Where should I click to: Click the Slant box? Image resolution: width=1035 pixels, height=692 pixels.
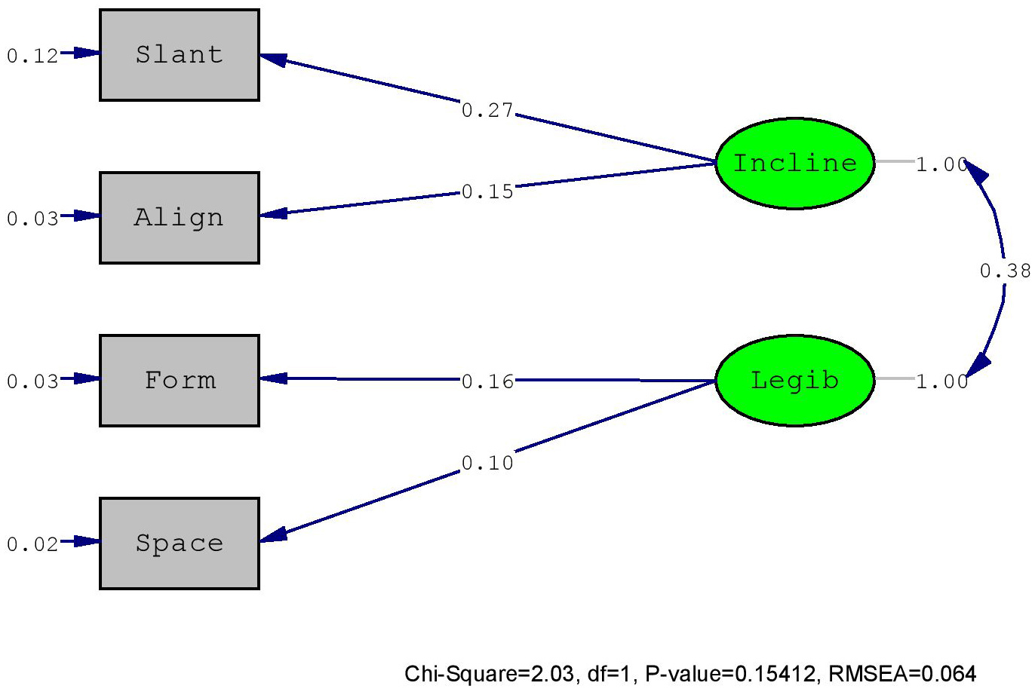tap(180, 55)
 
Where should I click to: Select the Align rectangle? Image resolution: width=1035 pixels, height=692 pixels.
tap(180, 218)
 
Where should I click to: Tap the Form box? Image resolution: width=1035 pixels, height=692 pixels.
tap(180, 381)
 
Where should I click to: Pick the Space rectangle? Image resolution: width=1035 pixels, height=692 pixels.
tap(180, 543)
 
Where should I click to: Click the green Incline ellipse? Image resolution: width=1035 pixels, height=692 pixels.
tap(795, 164)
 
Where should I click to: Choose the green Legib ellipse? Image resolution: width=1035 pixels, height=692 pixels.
tap(795, 381)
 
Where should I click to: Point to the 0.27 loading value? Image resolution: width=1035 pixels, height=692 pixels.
tap(487, 110)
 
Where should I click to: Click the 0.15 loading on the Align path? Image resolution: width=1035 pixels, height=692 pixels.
tap(487, 191)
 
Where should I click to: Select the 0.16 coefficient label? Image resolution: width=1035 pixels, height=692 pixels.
tap(487, 381)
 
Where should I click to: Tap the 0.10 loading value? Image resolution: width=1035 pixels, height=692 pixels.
tap(487, 463)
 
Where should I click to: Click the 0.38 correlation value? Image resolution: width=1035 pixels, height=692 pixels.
tap(1006, 271)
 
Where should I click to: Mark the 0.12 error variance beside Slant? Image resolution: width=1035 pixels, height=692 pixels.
tap(32, 56)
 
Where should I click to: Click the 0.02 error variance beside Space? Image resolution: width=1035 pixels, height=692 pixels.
tap(32, 545)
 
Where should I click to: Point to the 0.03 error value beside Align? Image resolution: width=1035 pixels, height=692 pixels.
tap(32, 219)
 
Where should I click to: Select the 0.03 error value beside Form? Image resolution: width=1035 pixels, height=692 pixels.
tap(32, 381)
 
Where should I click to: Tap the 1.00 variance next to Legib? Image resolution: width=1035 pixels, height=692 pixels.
tap(941, 381)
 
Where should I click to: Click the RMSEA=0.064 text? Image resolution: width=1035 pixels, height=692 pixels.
tap(902, 674)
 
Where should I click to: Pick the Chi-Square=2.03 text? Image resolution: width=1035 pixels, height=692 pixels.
tap(490, 675)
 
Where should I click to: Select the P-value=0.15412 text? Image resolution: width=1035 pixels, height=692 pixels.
tap(730, 674)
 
